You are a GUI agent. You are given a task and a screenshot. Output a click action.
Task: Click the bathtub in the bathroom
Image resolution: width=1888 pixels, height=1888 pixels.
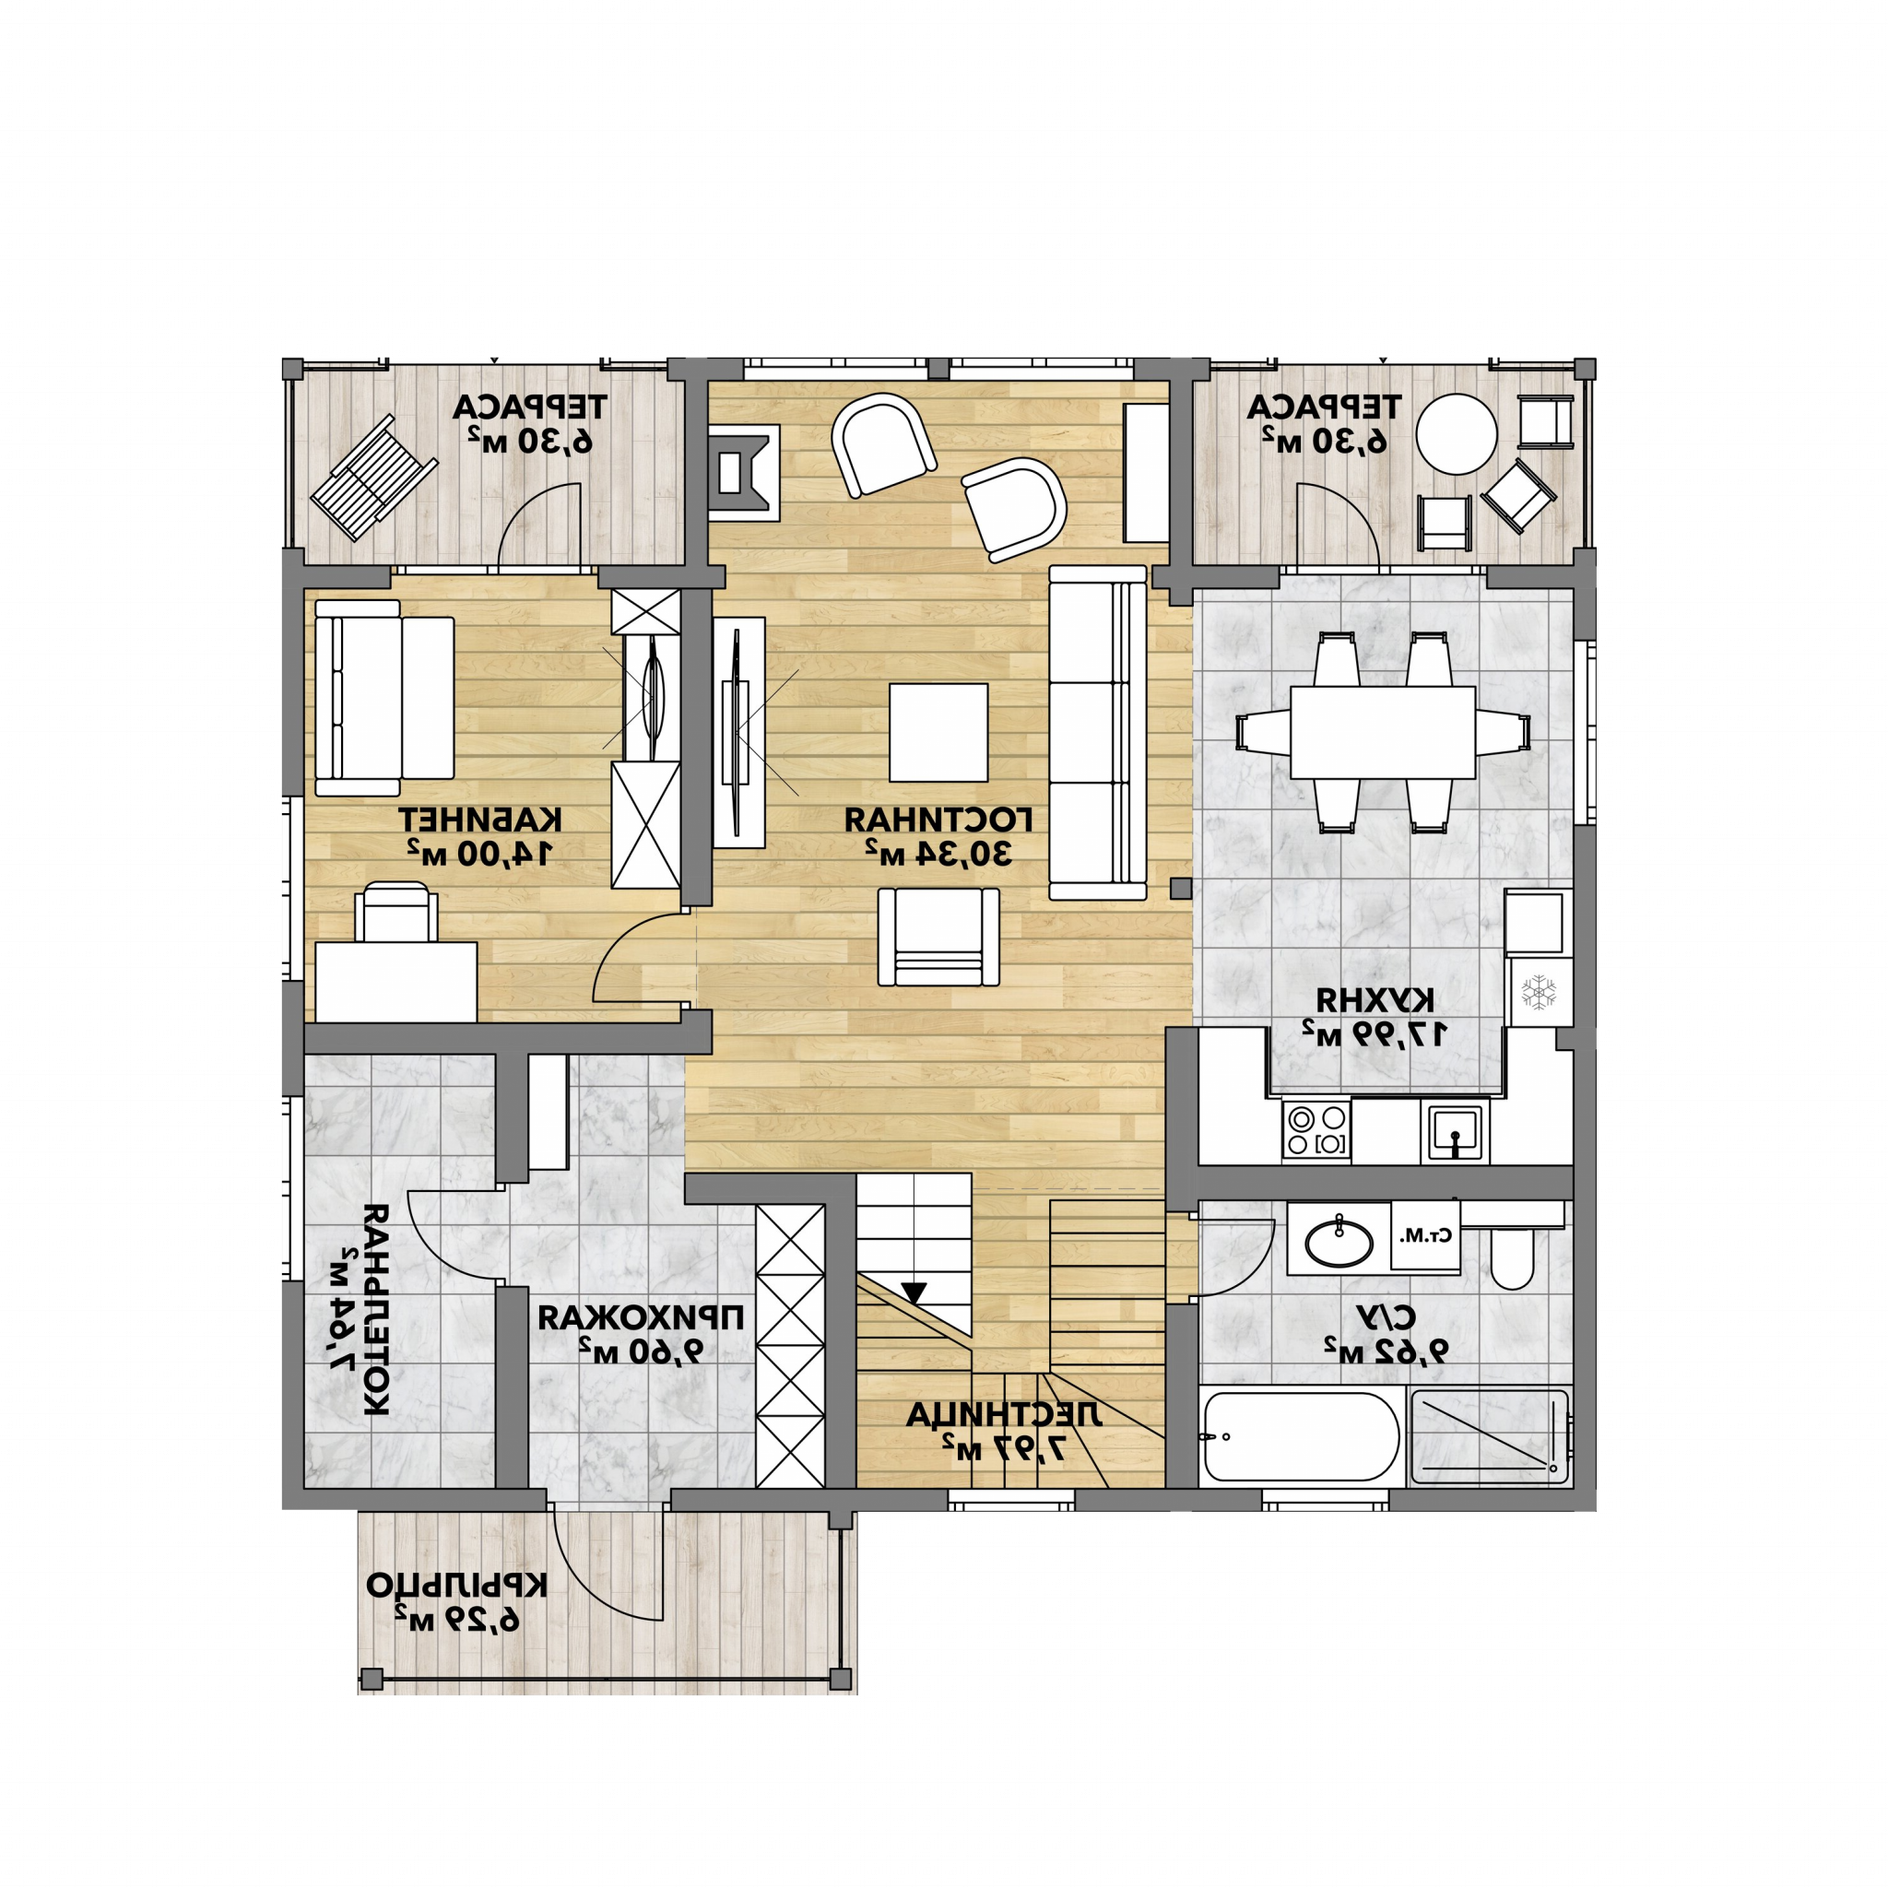1302,1436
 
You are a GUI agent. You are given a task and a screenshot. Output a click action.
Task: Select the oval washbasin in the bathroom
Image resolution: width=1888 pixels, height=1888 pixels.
1338,1240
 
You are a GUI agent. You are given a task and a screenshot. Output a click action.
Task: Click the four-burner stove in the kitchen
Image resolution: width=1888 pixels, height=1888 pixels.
1316,1130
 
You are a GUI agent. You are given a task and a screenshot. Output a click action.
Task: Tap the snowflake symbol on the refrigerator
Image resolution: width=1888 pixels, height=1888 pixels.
1540,992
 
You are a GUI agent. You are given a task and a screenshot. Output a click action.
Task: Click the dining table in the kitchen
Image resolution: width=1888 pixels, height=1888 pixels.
1383,732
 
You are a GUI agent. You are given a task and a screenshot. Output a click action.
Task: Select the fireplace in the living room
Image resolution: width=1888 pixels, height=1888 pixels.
744,472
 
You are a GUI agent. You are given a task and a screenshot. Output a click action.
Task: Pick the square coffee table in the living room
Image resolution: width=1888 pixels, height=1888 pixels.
938,732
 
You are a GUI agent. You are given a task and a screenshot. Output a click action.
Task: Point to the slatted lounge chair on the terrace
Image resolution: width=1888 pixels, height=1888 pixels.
374,477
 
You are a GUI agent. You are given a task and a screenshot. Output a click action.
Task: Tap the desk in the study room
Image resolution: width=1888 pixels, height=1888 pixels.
395,982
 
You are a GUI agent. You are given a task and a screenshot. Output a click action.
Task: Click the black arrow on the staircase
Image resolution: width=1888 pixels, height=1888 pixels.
914,1292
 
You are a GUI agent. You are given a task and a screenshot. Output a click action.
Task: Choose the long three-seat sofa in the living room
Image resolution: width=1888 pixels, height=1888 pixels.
1097,733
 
